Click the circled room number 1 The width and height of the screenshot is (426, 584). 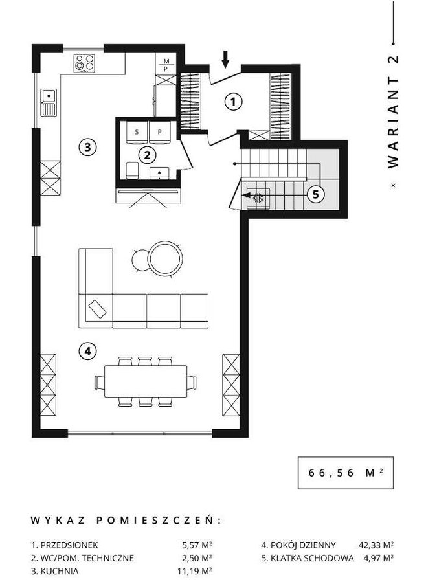[234, 101]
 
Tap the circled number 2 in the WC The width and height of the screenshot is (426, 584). [147, 155]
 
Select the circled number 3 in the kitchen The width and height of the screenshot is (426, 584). [87, 147]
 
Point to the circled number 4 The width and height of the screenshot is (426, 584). [88, 351]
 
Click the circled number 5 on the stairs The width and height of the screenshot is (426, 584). [316, 194]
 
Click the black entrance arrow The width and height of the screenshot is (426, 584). [225, 60]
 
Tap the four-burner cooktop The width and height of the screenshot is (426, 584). [84, 63]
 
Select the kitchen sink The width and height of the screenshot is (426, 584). [49, 103]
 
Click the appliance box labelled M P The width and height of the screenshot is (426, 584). [166, 65]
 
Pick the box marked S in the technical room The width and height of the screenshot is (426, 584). [137, 132]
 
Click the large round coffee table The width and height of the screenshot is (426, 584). [165, 258]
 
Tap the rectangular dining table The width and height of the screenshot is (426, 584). [146, 381]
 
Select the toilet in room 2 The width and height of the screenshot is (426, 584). [133, 170]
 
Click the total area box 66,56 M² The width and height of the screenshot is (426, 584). [346, 473]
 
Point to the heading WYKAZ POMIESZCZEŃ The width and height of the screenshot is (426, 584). [126, 521]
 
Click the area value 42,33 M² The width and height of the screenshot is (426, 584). [376, 545]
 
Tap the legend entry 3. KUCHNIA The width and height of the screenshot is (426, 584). [55, 571]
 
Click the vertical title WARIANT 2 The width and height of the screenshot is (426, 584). [393, 112]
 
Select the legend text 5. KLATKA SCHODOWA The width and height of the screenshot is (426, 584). [308, 558]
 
